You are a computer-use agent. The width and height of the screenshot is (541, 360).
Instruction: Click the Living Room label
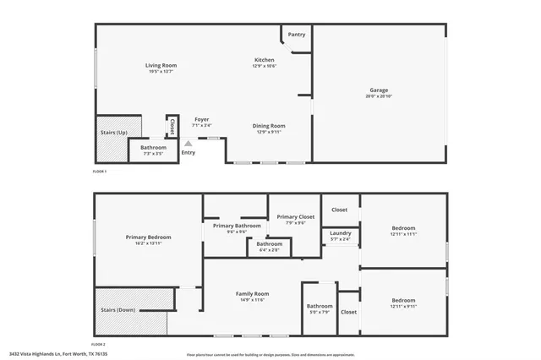161,66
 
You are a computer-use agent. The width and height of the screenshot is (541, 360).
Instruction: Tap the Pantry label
296,35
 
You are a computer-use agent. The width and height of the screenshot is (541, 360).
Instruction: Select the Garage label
379,90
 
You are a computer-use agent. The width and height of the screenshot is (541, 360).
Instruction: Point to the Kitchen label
265,60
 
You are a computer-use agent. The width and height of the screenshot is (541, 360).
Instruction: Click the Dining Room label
269,126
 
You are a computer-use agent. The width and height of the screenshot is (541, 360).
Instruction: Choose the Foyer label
201,120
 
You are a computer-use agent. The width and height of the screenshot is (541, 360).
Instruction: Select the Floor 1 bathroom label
153,148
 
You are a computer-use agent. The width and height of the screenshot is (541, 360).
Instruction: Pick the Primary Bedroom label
148,237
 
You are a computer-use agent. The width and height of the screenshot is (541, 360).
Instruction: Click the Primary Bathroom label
236,226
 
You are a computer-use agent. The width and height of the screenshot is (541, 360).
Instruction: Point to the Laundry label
341,233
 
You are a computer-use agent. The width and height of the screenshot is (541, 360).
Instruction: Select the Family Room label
250,293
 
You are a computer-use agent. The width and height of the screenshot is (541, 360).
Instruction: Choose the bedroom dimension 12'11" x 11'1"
403,234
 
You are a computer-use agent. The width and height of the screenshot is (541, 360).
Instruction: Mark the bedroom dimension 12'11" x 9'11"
403,306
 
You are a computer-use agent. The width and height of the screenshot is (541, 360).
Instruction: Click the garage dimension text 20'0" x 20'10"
379,96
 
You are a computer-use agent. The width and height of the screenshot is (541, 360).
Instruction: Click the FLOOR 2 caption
99,345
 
